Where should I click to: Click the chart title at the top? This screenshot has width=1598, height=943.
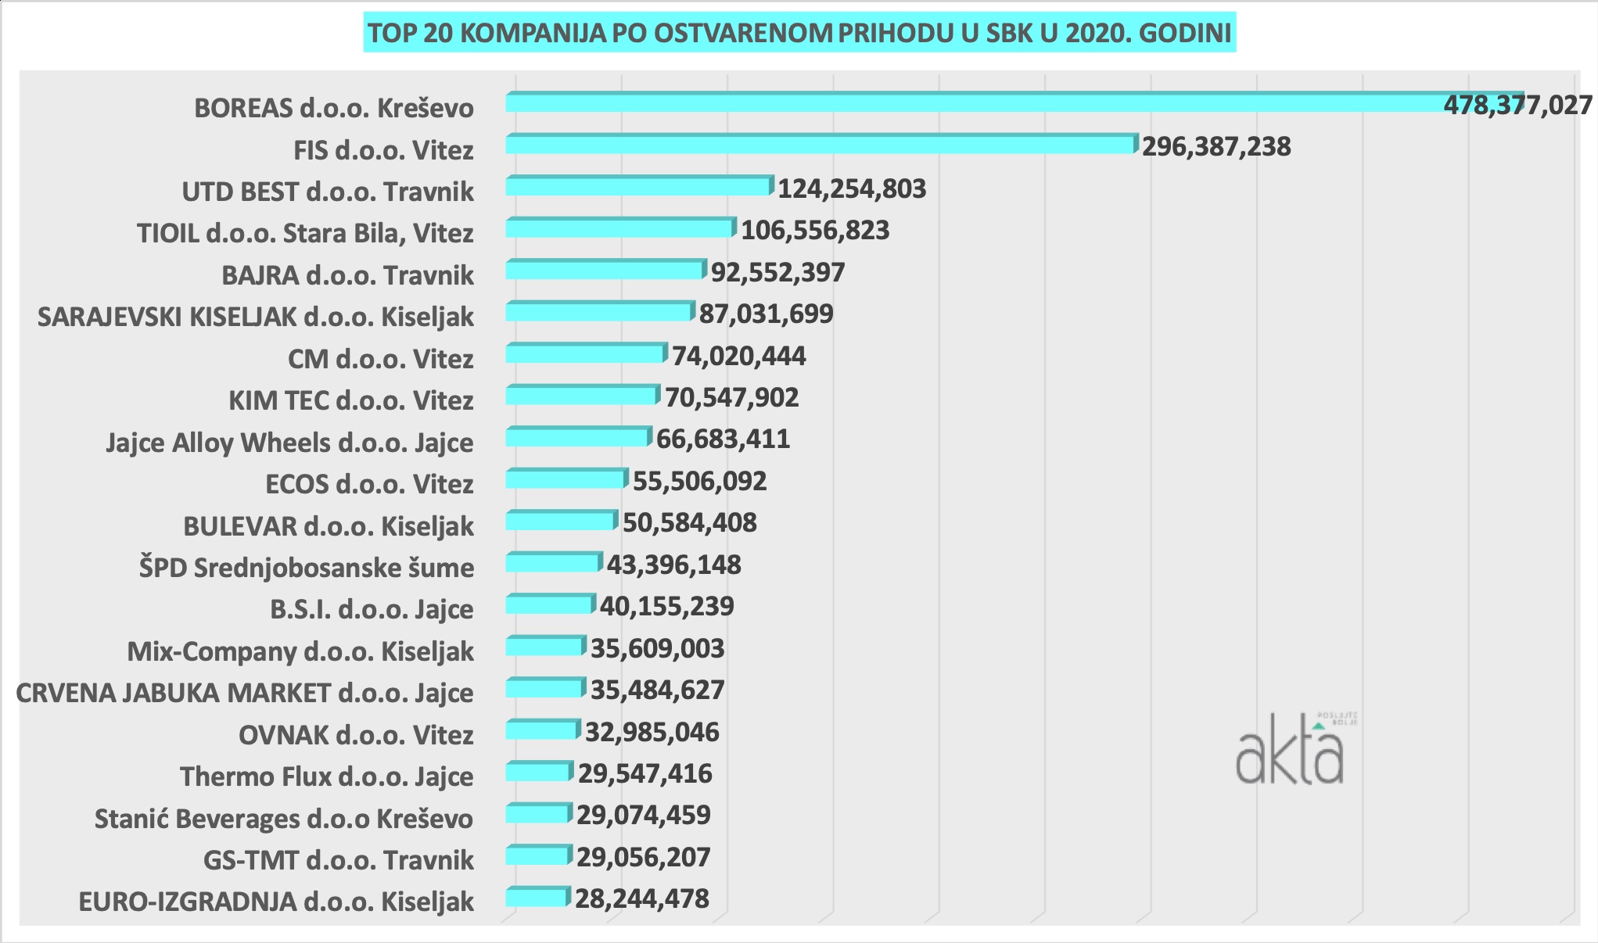tap(799, 33)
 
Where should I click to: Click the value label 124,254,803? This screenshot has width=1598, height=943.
tap(851, 188)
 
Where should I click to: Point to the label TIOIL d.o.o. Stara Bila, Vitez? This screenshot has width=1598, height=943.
tap(305, 233)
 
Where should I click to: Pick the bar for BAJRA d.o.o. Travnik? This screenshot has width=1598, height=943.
tap(605, 271)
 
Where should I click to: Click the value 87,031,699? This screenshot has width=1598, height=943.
tap(766, 314)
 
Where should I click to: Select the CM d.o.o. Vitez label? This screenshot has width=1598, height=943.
tap(380, 359)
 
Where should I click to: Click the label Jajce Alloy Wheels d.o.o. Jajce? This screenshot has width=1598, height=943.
tap(289, 443)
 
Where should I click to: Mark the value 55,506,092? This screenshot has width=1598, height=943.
tap(699, 481)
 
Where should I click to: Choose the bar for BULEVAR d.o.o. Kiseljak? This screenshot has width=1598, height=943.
tap(561, 521)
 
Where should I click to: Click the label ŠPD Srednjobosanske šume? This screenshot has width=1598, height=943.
tap(307, 568)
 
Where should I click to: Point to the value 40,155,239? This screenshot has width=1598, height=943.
tap(666, 606)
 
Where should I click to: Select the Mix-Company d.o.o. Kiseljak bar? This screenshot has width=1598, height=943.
tap(544, 647)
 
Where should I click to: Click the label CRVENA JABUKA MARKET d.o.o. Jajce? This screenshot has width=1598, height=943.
tap(245, 693)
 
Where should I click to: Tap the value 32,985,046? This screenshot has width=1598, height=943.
tap(652, 732)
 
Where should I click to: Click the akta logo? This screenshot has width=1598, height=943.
tap(1291, 750)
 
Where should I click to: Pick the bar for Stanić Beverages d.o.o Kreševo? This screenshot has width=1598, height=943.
tap(537, 814)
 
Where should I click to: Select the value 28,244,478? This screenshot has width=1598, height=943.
tap(641, 898)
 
